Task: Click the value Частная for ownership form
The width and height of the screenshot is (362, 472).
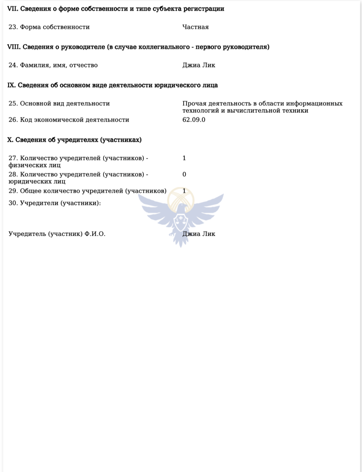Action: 195,27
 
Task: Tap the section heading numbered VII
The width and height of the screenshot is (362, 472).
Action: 115,9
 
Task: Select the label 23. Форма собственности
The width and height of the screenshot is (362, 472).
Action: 49,27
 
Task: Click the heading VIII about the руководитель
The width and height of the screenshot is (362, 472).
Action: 138,47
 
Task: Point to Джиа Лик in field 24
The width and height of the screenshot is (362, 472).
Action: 198,65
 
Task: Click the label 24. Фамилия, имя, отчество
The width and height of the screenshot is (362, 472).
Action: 53,65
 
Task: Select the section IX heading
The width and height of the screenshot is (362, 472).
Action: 112,85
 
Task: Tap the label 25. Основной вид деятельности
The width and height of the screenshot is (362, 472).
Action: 59,104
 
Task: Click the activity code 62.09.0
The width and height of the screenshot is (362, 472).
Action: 194,120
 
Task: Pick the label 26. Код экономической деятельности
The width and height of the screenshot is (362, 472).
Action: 69,120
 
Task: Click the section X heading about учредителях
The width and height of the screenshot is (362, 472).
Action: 74,140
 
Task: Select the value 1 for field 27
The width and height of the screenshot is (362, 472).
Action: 184,158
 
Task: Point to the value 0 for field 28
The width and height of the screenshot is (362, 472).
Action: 184,174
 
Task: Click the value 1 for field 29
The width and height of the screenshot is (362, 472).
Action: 184,191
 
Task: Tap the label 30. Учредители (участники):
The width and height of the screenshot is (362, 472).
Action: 55,203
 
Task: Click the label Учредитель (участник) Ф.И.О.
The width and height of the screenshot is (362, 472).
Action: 57,234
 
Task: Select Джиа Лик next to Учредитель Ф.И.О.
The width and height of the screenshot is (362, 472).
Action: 198,234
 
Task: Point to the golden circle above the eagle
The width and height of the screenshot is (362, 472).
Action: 181,198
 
